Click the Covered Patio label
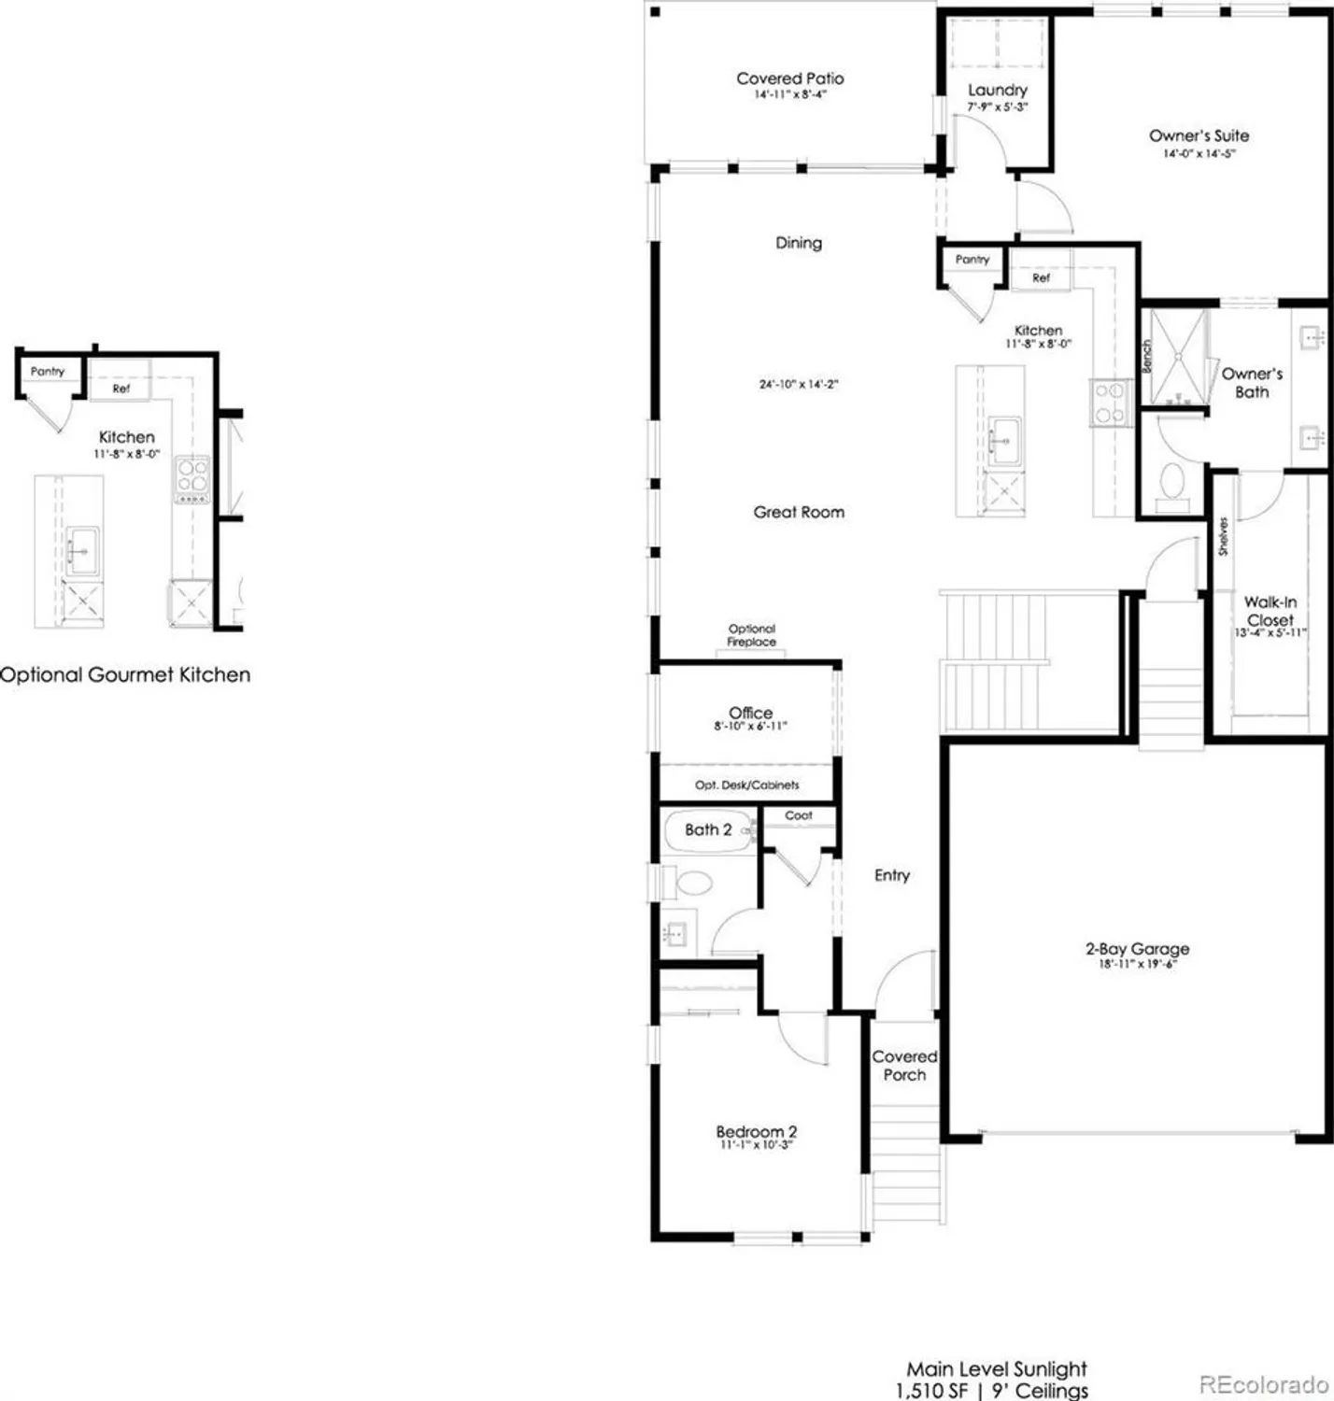coord(789,79)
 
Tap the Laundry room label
coord(997,91)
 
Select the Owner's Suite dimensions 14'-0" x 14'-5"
coord(1199,154)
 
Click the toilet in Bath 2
coord(693,883)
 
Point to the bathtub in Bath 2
coord(708,829)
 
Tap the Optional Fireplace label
coord(752,635)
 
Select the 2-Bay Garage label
coord(1137,949)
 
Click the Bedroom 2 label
coord(756,1132)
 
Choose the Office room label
coord(750,713)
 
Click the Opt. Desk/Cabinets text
coord(747,785)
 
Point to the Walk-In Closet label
coord(1270,612)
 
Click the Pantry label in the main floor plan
coord(972,260)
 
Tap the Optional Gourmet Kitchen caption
coord(125,674)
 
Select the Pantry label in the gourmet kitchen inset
coord(48,372)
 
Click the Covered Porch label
coord(904,1066)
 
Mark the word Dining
coord(799,243)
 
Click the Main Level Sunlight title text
coord(997,1369)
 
